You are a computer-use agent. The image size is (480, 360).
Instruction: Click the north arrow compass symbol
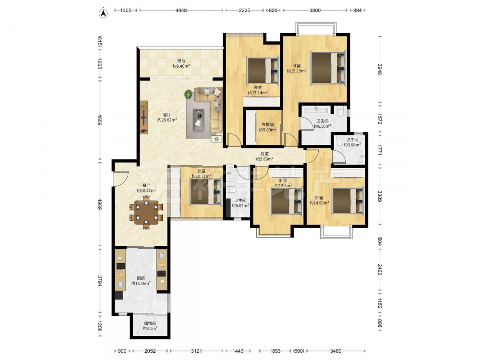[x=104, y=13]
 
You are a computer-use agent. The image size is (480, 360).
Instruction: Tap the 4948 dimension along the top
[x=181, y=10]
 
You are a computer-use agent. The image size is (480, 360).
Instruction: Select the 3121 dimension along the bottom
[x=196, y=351]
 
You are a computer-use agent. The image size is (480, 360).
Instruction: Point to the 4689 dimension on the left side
[x=100, y=120]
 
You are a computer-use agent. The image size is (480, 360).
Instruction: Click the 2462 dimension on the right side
[x=380, y=269]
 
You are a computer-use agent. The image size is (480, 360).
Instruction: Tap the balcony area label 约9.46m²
[x=181, y=66]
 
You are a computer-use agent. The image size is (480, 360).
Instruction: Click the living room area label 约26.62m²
[x=167, y=120]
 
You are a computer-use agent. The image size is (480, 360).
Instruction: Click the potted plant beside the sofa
[x=189, y=94]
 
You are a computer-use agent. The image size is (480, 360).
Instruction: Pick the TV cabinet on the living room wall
[x=144, y=117]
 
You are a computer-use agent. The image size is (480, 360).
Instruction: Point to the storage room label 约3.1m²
[x=150, y=328]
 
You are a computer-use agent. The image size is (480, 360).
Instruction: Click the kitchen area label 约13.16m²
[x=141, y=284]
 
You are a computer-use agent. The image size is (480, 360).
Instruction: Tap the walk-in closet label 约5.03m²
[x=267, y=130]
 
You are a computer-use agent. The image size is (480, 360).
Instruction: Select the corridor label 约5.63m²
[x=264, y=159]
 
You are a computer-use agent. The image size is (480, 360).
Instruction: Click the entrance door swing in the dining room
[x=120, y=179]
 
